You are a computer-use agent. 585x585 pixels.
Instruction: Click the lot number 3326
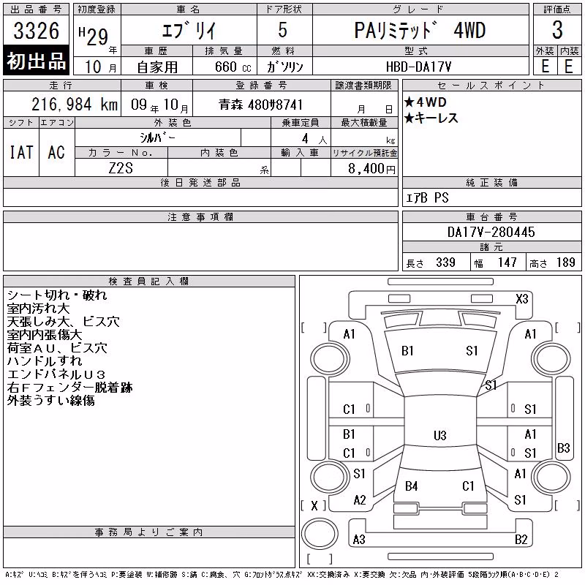tap(36, 31)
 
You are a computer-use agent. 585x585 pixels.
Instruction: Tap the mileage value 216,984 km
tap(75, 105)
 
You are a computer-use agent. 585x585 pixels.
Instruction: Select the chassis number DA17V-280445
tap(491, 232)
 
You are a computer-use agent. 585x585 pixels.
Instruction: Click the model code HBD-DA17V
tap(418, 67)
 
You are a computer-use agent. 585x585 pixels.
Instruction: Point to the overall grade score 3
tap(557, 30)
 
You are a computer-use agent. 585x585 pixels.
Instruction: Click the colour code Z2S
tap(121, 168)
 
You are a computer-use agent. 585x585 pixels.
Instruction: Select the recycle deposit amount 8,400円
tap(371, 169)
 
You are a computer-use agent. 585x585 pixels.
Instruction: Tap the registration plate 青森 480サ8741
tap(260, 105)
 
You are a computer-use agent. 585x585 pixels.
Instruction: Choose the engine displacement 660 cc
tap(233, 67)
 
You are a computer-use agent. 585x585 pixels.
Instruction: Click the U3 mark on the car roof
tap(440, 435)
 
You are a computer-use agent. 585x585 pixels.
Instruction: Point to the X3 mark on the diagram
tap(522, 299)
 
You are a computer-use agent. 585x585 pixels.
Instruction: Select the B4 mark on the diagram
tap(411, 486)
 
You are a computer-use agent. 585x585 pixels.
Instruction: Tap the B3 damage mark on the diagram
tap(563, 448)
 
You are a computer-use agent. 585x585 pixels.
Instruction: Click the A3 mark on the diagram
tap(359, 539)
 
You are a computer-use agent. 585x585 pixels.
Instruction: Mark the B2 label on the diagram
tap(521, 539)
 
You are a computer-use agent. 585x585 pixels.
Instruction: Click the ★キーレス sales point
tap(431, 118)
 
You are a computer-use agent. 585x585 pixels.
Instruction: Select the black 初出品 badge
tap(36, 61)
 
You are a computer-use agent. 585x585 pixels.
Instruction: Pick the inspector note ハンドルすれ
tap(45, 361)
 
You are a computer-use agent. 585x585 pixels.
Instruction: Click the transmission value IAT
tap(21, 152)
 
